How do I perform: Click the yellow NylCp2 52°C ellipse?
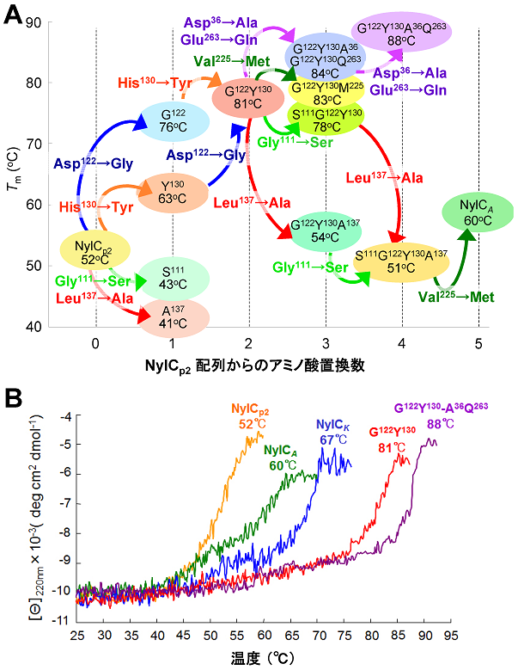[94, 249]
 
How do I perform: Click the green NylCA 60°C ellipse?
[478, 212]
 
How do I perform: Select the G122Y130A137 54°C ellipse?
[326, 228]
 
